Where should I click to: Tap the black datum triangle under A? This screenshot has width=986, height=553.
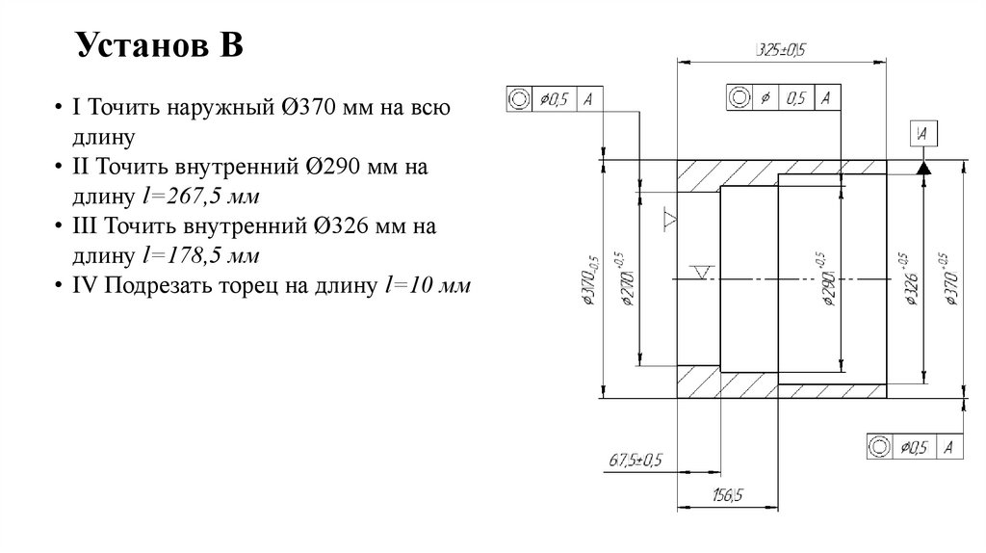tap(923, 168)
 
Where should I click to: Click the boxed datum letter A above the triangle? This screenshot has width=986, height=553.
tap(923, 134)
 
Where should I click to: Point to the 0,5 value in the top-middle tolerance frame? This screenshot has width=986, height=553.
tap(795, 97)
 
